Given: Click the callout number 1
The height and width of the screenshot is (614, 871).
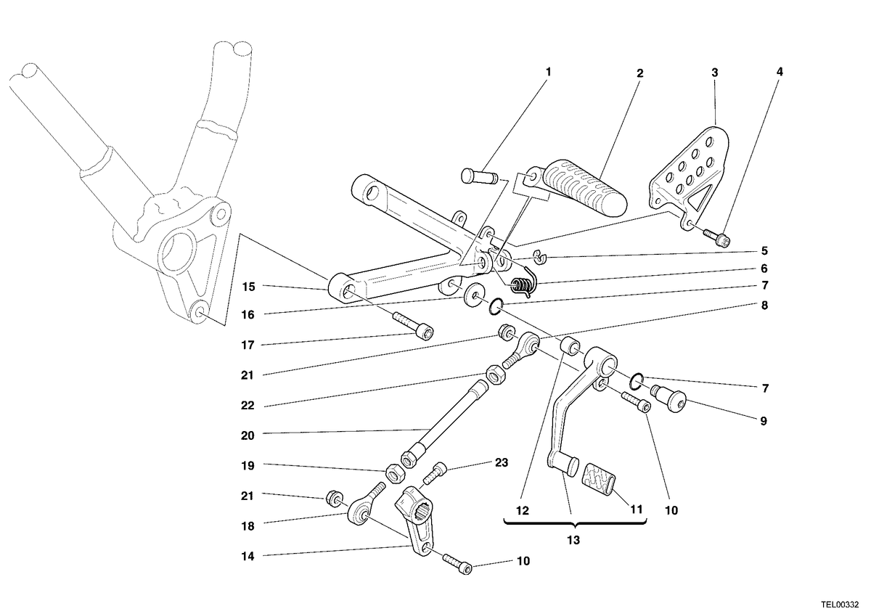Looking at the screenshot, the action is coord(548,73).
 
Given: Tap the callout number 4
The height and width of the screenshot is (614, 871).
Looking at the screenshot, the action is coord(780,72).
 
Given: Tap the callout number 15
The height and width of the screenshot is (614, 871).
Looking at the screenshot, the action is coord(248,287).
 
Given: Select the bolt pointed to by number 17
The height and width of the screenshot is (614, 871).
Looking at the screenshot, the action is coord(413,326).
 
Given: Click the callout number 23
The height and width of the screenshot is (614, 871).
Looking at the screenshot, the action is coord(502,463).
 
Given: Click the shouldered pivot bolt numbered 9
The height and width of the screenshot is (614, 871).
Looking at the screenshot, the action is coord(668,398).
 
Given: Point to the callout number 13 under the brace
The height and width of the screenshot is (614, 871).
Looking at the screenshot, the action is coord(573,540).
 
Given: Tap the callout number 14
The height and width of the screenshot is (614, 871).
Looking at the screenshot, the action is coord(248,557).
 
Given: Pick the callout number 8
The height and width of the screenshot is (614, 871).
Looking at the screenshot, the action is coord(764,306).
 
